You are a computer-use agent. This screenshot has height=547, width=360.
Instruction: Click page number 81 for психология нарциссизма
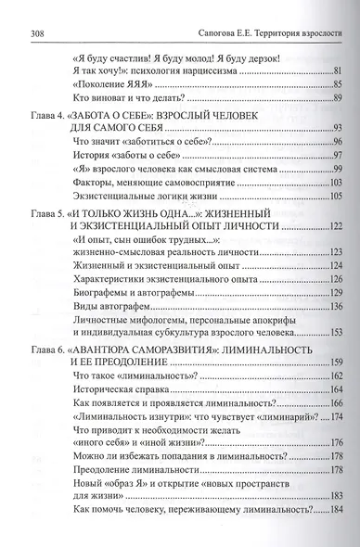338,70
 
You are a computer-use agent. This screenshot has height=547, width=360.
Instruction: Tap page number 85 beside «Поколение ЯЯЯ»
338,84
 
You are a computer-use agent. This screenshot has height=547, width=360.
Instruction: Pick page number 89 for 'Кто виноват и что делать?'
338,98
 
